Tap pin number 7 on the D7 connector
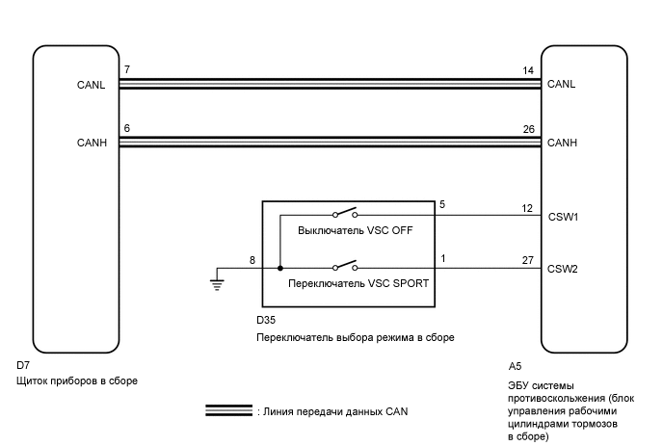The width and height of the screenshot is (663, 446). [x=126, y=71]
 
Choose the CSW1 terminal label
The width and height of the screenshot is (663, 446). [x=562, y=217]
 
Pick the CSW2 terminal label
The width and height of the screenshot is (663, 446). [x=562, y=269]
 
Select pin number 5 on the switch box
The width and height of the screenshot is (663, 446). [x=442, y=205]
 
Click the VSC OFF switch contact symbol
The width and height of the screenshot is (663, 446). [x=345, y=214]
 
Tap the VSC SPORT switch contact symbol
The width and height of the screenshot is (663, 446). [x=345, y=266]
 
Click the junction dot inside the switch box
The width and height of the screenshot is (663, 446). [x=280, y=269]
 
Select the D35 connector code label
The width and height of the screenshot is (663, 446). [x=266, y=319]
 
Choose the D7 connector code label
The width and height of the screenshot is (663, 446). [x=25, y=366]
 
